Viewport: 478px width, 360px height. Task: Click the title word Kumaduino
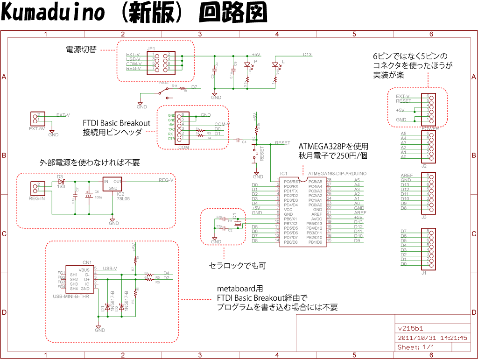click(x=53, y=13)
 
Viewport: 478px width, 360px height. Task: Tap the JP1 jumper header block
click(x=162, y=62)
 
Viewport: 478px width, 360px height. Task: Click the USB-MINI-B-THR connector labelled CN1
click(x=79, y=279)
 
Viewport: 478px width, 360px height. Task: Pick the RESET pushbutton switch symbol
click(x=255, y=153)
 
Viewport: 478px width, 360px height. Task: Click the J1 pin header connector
click(x=429, y=248)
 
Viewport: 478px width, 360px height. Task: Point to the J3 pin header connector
click(x=429, y=193)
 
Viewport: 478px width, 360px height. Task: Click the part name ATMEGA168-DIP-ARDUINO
click(x=337, y=173)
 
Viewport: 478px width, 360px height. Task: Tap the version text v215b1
click(x=410, y=328)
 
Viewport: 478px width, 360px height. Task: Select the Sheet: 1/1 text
click(x=416, y=347)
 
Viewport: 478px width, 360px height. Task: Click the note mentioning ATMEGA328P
click(x=333, y=146)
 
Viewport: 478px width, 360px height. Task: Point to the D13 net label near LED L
click(x=307, y=55)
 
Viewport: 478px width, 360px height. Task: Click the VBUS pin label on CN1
click(x=84, y=270)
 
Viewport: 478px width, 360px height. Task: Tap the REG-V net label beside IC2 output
click(x=166, y=180)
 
